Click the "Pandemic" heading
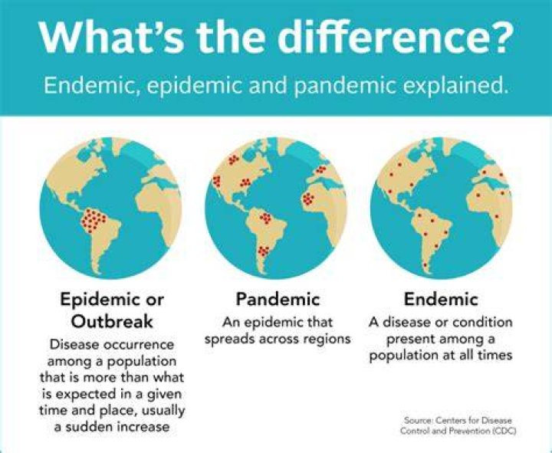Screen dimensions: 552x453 coord(278,299)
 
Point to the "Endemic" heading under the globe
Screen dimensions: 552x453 coord(441,299)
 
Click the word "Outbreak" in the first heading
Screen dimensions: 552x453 coord(112,321)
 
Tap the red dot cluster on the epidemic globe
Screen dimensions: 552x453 coord(94,221)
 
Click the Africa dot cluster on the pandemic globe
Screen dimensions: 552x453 coord(309,199)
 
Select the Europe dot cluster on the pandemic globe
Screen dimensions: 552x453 coord(320,169)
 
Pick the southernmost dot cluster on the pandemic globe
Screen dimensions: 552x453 coord(263,251)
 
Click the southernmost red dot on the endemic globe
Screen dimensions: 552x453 coord(425,264)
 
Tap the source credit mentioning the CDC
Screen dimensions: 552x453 coord(458,425)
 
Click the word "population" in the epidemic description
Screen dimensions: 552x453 coord(141,362)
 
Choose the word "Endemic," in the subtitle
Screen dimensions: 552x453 coord(90,85)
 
